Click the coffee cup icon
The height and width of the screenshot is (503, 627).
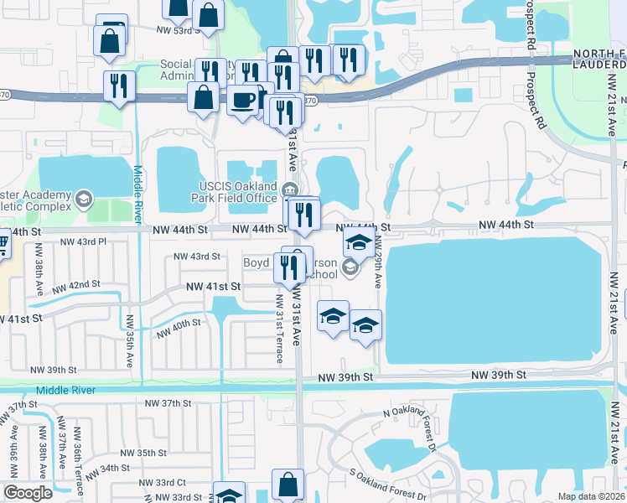pos(243,100)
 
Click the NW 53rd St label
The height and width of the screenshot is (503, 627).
pos(179,30)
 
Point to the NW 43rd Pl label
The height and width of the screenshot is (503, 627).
pos(85,241)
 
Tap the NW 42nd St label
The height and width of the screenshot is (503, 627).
pos(91,284)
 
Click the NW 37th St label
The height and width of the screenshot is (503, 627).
pos(166,403)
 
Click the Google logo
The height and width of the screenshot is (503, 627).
pos(28,493)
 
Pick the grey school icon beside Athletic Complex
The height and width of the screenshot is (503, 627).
pos(82,199)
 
